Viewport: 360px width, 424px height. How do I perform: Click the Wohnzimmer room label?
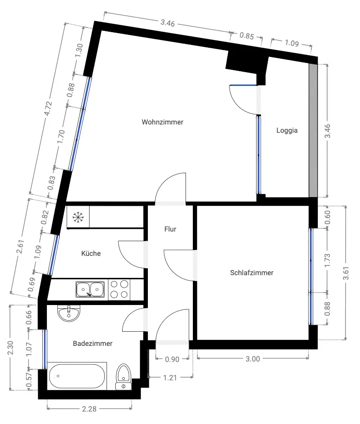[163, 122]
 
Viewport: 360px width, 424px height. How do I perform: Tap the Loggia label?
[287, 130]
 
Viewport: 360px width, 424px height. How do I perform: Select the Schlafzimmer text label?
[252, 272]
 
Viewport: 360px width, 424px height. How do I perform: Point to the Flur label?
[170, 229]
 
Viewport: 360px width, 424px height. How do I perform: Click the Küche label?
[91, 254]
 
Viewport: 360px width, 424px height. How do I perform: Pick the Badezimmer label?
[93, 344]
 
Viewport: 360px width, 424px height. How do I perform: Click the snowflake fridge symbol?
[78, 217]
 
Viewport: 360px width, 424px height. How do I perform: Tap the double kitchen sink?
[90, 289]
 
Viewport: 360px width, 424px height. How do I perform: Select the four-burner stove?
[119, 289]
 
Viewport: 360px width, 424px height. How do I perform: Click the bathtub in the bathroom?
[77, 376]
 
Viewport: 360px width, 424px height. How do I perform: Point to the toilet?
[123, 377]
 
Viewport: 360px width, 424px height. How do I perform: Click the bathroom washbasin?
[69, 313]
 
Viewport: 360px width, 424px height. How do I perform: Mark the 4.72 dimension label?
[48, 108]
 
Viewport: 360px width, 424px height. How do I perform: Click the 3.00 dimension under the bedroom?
[253, 359]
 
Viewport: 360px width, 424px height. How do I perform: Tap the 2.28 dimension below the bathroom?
[89, 408]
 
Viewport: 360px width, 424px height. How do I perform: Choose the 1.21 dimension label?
[170, 378]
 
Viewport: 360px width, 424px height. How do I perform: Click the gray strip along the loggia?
[313, 130]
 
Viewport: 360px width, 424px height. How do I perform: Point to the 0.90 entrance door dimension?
[172, 359]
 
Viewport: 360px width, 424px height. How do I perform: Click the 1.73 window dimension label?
[327, 260]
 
